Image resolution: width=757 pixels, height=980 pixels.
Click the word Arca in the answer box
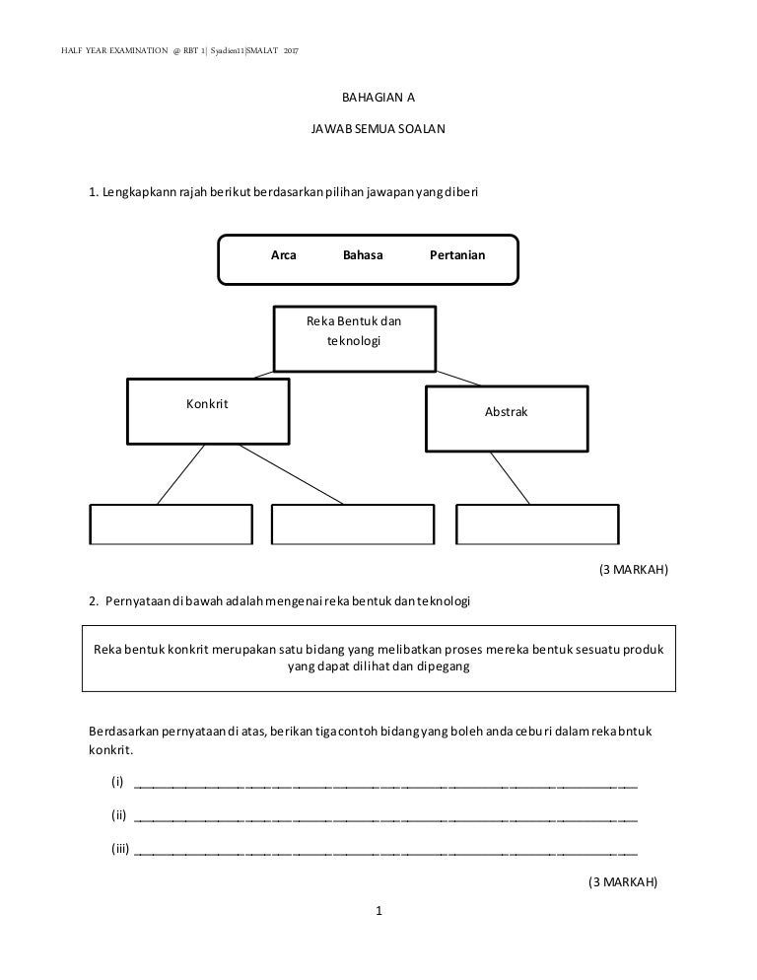[284, 255]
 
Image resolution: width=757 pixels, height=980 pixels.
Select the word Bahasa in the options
[363, 255]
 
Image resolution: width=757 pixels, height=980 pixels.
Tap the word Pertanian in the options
[457, 255]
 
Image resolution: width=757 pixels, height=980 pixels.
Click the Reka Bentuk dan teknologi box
[354, 337]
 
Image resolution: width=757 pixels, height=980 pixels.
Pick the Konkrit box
[208, 410]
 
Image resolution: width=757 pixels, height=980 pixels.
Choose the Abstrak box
[507, 417]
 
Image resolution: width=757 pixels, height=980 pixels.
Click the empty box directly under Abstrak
[538, 525]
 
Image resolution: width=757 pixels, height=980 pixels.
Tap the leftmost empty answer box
[172, 525]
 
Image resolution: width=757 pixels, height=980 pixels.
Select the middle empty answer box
[352, 525]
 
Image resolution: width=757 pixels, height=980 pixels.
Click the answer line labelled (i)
[384, 786]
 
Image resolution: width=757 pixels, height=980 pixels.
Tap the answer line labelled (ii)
[384, 818]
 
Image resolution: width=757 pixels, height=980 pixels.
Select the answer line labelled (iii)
[384, 851]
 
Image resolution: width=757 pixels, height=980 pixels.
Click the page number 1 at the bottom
[378, 912]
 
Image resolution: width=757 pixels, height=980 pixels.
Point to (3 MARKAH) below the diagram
[634, 570]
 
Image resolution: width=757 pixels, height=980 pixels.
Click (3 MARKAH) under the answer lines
[622, 881]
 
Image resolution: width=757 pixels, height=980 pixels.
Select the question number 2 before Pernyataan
[93, 601]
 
